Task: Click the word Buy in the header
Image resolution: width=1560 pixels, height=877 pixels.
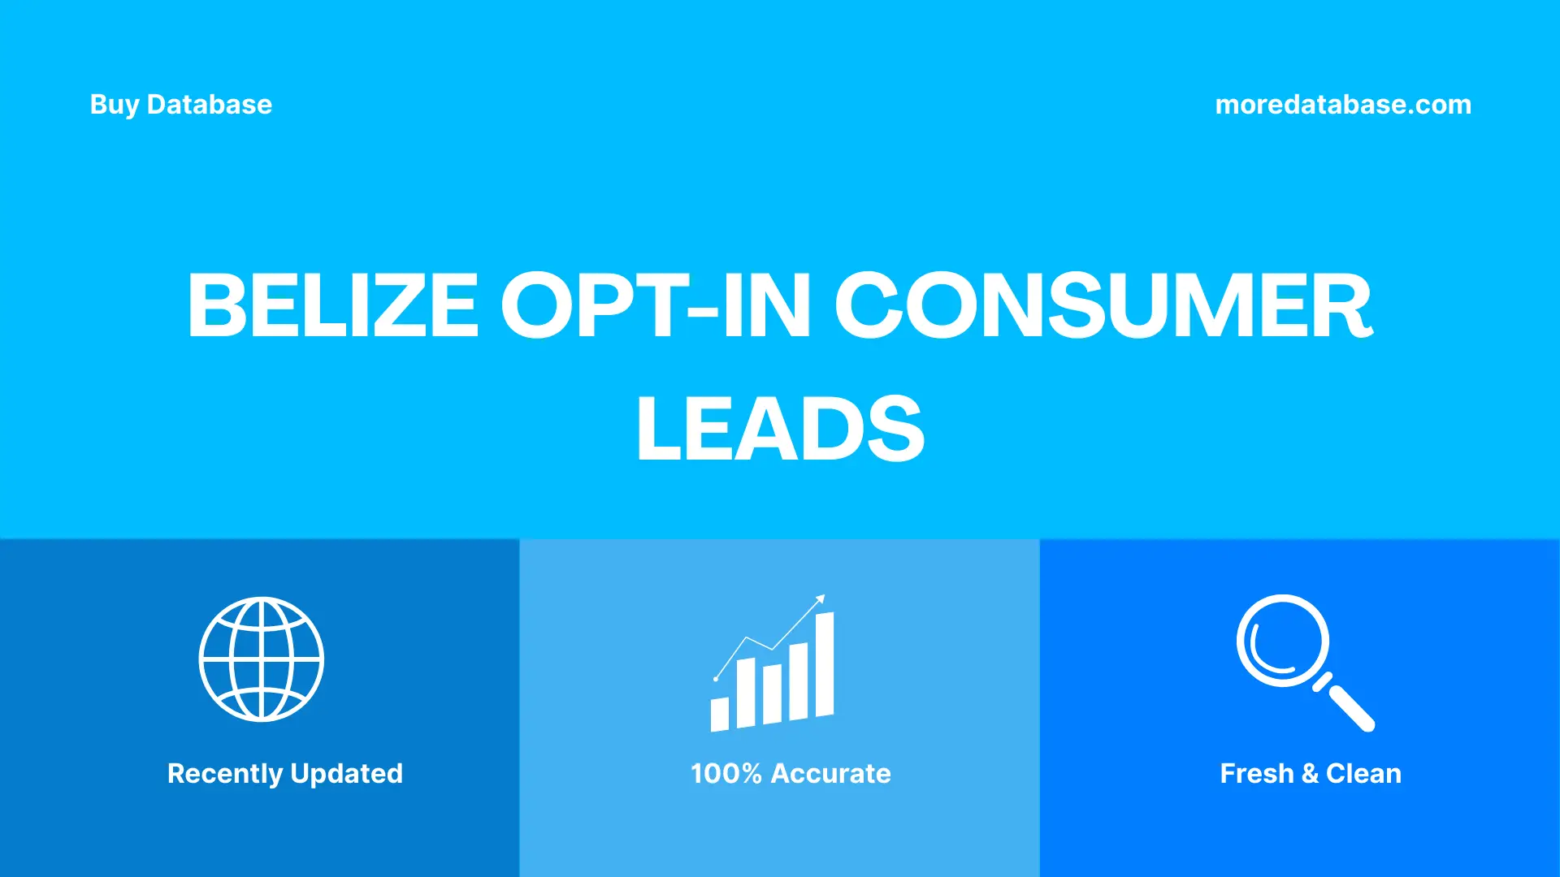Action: (114, 105)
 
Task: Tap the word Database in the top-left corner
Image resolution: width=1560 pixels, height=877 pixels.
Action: (209, 105)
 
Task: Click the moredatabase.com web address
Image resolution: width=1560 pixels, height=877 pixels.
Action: (1342, 105)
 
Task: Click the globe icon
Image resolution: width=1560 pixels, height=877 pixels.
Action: (262, 659)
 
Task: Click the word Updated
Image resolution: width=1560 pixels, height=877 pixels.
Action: (346, 774)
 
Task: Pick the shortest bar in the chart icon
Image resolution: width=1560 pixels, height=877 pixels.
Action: (719, 714)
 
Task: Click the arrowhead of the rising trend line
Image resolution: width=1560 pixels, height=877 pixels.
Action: (821, 599)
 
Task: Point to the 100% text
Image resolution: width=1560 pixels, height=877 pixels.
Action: (726, 774)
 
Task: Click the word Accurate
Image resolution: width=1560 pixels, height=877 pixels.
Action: (830, 774)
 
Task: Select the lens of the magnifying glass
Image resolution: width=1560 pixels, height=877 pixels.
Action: (1282, 641)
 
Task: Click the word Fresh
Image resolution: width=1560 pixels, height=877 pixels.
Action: (1256, 774)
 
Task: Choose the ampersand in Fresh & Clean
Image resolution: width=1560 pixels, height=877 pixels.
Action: (1309, 774)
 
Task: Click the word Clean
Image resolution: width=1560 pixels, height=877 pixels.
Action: (1363, 774)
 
